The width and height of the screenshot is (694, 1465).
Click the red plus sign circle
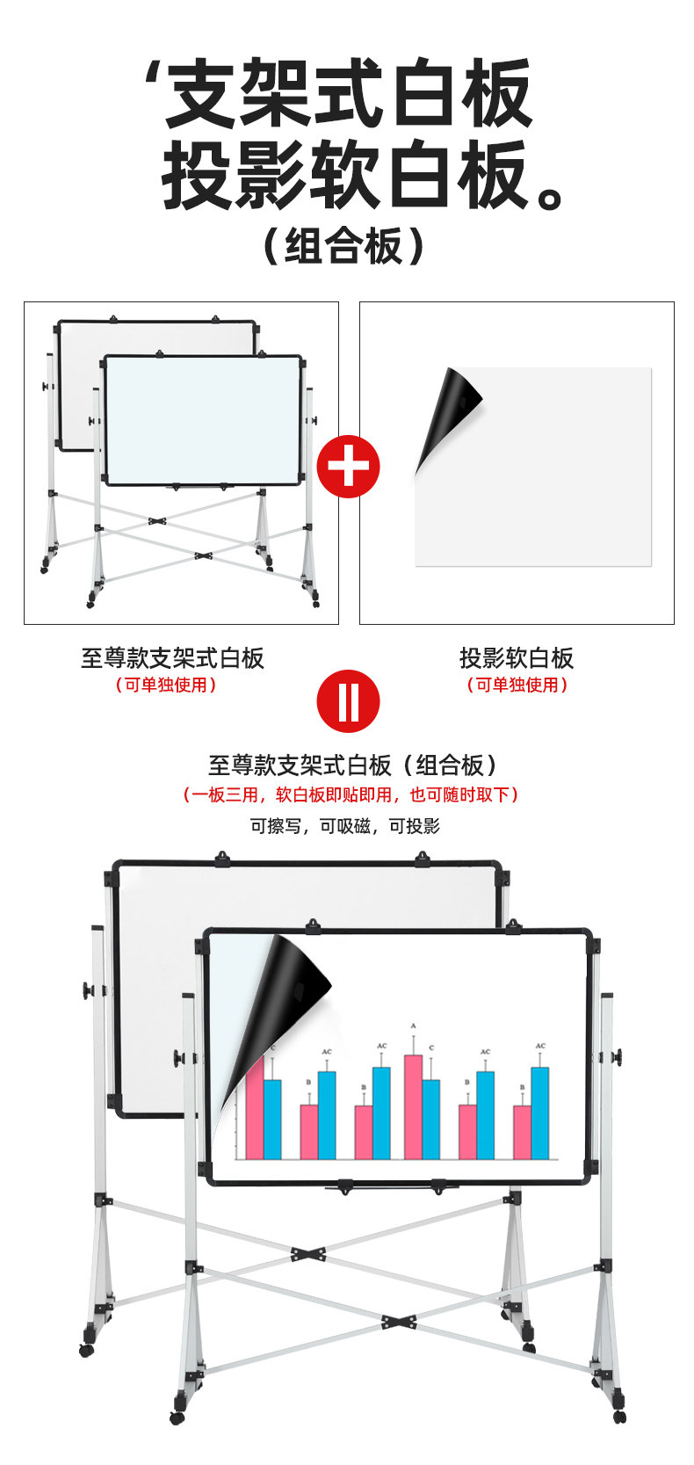pos(348,467)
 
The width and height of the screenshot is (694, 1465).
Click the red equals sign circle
pos(348,701)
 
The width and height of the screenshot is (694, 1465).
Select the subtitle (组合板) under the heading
pos(344,246)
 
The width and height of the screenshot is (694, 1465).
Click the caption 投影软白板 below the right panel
pos(517,658)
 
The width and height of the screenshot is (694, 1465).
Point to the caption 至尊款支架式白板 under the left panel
pos(172,658)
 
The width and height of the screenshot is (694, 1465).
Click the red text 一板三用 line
pos(351,794)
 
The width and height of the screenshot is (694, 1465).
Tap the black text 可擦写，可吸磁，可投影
pos(345,826)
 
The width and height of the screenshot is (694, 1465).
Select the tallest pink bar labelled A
pos(413,1106)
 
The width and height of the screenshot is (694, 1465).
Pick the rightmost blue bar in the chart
pos(539,1113)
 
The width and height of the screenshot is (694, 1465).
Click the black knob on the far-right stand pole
pos(618,1056)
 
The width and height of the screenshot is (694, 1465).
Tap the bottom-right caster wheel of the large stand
pos(619,1417)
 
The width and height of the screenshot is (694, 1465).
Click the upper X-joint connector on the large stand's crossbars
pos(307,1254)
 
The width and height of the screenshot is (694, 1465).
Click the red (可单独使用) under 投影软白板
pos(517,685)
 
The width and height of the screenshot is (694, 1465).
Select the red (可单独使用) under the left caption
pos(166,685)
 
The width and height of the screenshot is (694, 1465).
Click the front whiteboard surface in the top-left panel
pos(203,420)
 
